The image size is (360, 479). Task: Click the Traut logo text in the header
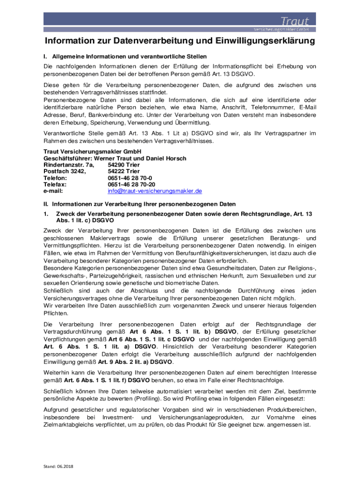[294, 21]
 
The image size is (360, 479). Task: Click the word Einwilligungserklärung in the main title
[265, 42]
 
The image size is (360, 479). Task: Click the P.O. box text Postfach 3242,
[65, 172]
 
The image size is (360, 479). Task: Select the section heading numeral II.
[46, 204]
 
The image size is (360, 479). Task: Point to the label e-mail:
[53, 191]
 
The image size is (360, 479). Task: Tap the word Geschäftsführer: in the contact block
[65, 159]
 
